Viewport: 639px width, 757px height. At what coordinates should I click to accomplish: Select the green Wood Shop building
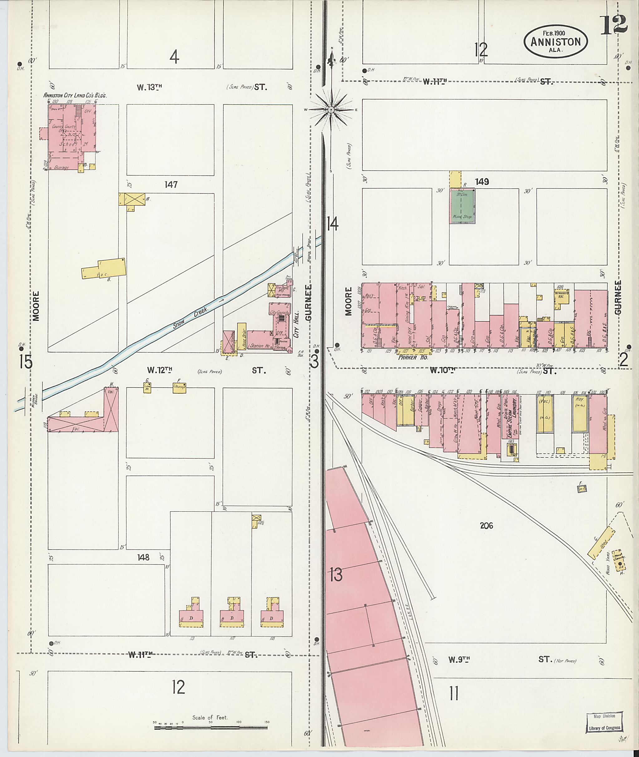coord(462,206)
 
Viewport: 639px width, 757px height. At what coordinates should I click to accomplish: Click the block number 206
coord(486,526)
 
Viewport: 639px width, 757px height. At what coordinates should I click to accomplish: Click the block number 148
coord(143,557)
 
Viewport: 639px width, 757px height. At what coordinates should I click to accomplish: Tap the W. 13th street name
coord(149,87)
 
